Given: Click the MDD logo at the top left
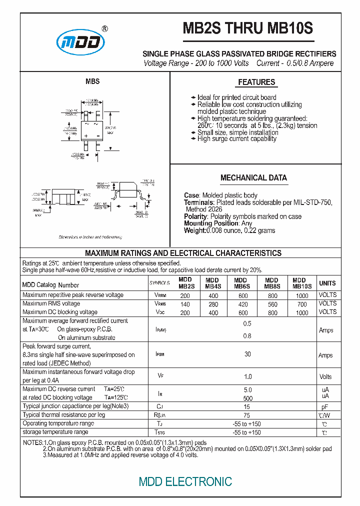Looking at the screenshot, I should click(x=80, y=42).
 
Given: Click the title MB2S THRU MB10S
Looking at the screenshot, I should click(x=248, y=28).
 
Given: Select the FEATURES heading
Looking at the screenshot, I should click(x=256, y=82).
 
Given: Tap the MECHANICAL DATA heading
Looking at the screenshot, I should click(x=253, y=177).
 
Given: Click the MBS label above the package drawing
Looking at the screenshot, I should click(x=92, y=81).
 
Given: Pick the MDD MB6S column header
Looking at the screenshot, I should click(x=240, y=283).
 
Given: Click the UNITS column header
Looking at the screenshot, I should click(x=327, y=283).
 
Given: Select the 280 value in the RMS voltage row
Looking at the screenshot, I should click(x=213, y=304).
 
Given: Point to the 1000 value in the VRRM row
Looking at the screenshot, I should click(x=302, y=295).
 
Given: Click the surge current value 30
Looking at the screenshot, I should click(x=247, y=354).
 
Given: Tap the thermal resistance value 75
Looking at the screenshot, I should click(x=247, y=415).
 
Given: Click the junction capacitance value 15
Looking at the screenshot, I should click(x=247, y=406).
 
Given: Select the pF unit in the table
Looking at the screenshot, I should click(x=325, y=407).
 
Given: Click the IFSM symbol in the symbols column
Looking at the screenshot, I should click(x=160, y=354).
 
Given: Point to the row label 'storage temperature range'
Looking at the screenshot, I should click(x=55, y=432).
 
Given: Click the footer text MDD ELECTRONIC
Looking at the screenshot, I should click(x=185, y=481).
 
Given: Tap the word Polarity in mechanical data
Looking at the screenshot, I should click(x=195, y=216).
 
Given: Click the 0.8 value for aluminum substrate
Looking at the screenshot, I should click(x=247, y=336).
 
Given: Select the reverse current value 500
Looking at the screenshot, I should click(x=247, y=398).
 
